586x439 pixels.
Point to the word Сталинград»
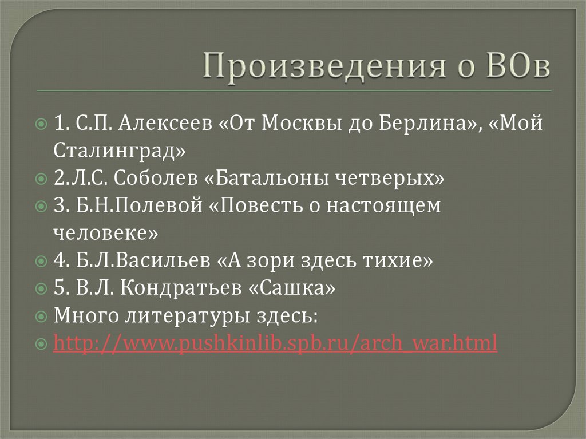pos(121,152)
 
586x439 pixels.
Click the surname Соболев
pos(155,179)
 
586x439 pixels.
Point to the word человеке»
pos(106,234)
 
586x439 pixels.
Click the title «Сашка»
pos(292,288)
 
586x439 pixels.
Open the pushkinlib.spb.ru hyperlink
pos(275,343)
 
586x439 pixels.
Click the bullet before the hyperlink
pos(42,344)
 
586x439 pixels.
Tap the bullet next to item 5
pos(42,289)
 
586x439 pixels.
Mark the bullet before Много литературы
pos(42,317)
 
